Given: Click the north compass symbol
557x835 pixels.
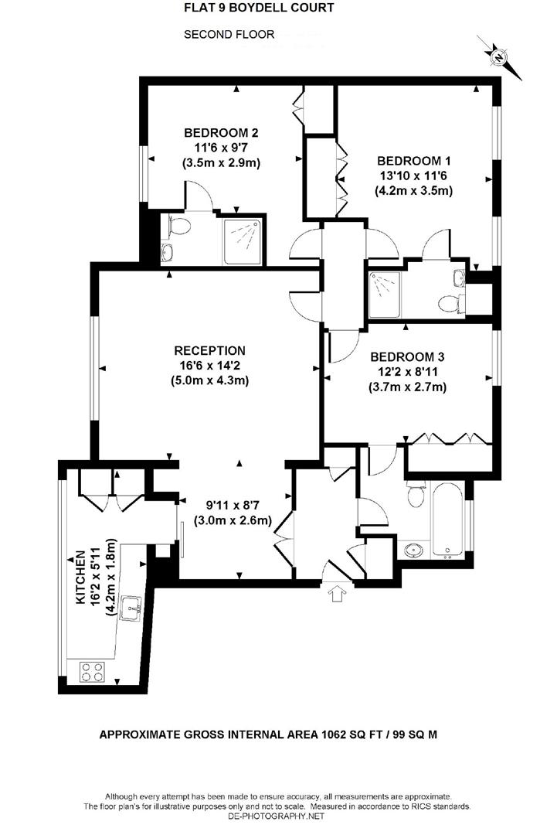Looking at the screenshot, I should (x=501, y=56).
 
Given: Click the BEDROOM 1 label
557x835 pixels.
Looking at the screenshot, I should (x=413, y=161).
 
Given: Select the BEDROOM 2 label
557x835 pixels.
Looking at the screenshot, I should (x=221, y=132).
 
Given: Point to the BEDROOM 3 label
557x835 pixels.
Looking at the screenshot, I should (x=407, y=357).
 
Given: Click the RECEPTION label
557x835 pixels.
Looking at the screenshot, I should (x=209, y=350).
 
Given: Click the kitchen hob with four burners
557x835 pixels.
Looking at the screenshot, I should (x=91, y=672).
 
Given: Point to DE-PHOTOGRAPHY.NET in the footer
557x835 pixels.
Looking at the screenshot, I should (x=278, y=816).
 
